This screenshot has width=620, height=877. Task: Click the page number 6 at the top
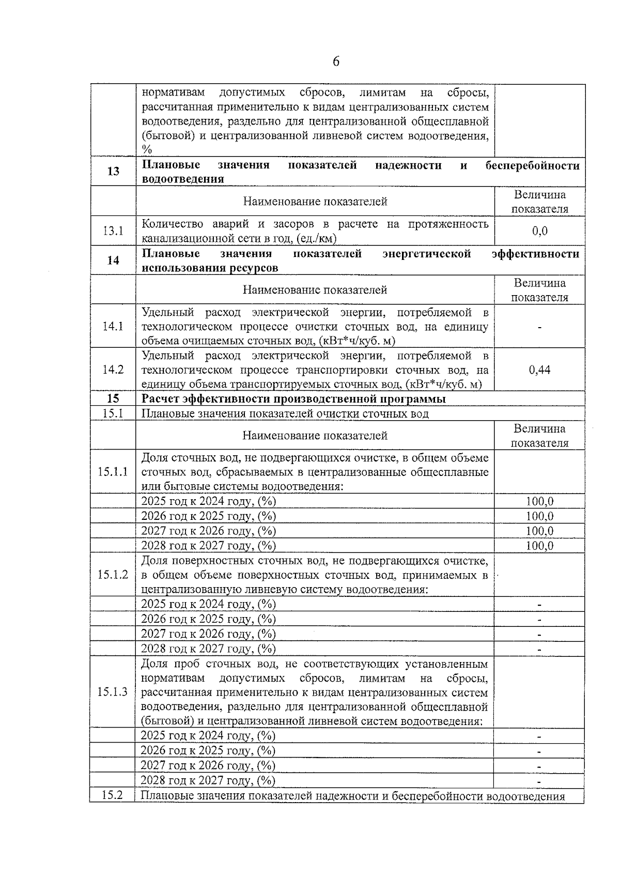point(336,62)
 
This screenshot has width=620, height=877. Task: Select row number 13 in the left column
point(113,172)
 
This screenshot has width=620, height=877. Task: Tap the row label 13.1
point(113,231)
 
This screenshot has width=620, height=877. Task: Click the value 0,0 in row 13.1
point(539,231)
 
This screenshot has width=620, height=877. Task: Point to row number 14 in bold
point(113,260)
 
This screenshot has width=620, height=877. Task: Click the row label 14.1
point(113,327)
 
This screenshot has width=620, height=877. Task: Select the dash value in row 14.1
point(539,327)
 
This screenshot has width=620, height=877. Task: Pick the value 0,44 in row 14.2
point(539,370)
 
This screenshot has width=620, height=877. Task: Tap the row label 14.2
point(113,370)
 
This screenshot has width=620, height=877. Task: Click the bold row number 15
point(113,398)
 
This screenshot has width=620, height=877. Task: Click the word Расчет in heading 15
point(159,399)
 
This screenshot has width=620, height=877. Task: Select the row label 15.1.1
point(113,472)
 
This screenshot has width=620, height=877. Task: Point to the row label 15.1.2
point(113,575)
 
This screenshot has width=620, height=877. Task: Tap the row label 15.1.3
point(113,692)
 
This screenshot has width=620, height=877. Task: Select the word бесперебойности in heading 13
point(532,165)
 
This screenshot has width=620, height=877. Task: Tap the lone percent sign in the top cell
point(147,150)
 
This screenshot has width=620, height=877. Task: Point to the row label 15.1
point(113,413)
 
